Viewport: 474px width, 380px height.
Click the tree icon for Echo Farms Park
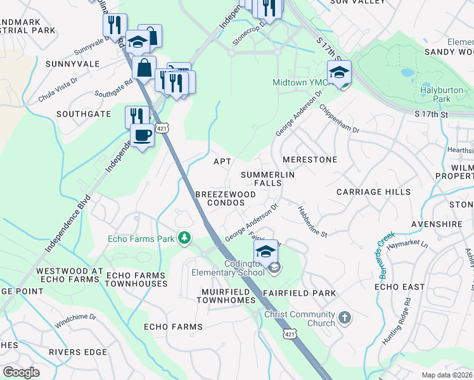pos(184,238)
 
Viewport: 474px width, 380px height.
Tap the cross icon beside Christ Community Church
pos(344,317)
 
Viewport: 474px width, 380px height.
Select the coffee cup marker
pos(142,136)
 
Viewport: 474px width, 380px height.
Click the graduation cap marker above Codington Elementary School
pos(266,252)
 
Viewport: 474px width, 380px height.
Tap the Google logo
pos(21,372)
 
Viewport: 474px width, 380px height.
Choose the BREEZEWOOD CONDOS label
pos(220,198)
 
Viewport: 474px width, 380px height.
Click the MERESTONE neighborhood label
pos(310,160)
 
